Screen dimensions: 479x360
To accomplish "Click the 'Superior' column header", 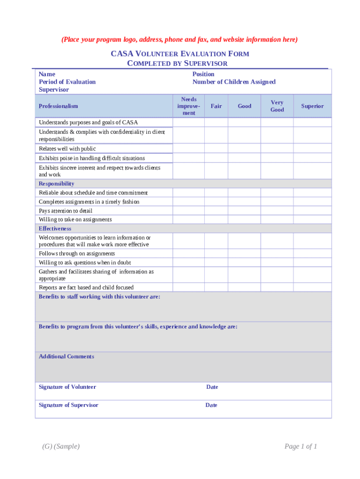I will coord(312,106).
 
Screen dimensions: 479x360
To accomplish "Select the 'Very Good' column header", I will coord(277,106).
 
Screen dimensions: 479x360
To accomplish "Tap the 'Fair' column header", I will coord(216,106).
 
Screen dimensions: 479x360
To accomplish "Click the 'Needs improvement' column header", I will coord(189,106).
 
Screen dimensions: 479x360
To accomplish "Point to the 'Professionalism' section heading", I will coord(58,106).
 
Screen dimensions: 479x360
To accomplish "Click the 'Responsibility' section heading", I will coord(57,184).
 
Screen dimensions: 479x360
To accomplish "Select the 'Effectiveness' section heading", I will coord(55,229).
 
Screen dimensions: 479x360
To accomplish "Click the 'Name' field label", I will coord(47,74).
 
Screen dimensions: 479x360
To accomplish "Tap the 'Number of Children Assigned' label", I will coord(234,82).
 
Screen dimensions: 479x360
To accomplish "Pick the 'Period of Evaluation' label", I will coord(67,82).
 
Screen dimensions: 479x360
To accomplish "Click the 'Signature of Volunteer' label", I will coord(67,387).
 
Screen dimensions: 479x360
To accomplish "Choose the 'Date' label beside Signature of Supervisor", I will coord(211,405).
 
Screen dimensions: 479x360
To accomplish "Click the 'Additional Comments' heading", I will coord(66,356).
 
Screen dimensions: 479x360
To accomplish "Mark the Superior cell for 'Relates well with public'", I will coord(312,148).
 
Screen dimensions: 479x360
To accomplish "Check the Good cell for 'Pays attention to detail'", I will coord(244,210).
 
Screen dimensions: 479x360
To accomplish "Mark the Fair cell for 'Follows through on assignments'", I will coord(216,254).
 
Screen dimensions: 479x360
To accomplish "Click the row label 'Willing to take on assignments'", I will coord(75,219).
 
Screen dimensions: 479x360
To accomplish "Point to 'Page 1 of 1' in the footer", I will coord(301,446).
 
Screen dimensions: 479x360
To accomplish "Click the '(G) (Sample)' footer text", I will coord(61,446).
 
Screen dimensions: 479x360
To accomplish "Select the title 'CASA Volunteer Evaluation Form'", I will coord(180,54).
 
